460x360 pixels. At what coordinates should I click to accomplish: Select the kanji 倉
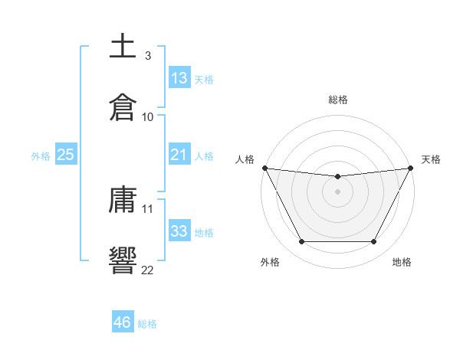[x=123, y=107]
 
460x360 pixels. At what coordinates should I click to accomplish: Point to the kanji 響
[x=123, y=260]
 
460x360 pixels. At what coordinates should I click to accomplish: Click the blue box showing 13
[x=179, y=78]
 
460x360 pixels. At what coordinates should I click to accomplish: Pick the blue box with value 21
[x=179, y=155]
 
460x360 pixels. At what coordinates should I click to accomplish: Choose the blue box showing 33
[x=179, y=231]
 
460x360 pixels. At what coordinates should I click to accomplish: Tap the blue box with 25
[x=66, y=155]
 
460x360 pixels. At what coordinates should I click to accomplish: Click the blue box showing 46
[x=123, y=322]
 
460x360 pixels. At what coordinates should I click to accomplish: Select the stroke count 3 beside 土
[x=147, y=57]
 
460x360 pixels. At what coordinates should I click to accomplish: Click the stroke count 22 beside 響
[x=147, y=269]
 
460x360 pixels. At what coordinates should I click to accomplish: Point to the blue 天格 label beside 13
[x=204, y=79]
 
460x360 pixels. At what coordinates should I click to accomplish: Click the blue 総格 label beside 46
[x=147, y=323]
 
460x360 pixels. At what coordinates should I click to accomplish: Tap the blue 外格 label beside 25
[x=41, y=155]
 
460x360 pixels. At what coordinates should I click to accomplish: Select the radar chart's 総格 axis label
[x=338, y=100]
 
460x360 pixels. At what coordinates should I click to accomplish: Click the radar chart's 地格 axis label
[x=402, y=262]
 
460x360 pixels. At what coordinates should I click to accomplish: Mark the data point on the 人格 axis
[x=264, y=168]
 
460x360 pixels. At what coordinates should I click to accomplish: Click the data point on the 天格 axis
[x=411, y=168]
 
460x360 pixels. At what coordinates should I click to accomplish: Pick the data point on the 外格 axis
[x=301, y=242]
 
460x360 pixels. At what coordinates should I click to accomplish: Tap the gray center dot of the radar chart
[x=337, y=191]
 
